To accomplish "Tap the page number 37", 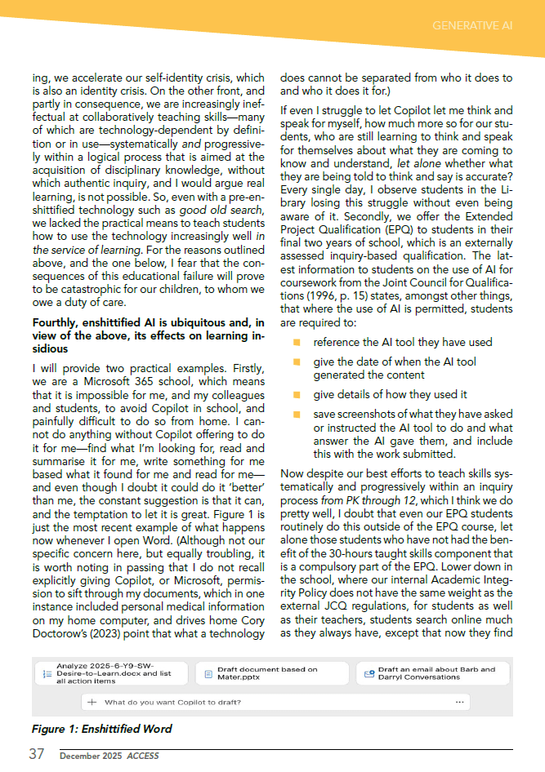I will (x=36, y=755).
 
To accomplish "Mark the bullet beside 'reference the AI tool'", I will (x=297, y=343).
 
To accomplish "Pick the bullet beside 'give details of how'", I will (x=297, y=394).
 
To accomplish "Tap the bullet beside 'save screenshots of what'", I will (x=297, y=415).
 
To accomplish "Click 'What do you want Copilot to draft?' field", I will (x=172, y=702).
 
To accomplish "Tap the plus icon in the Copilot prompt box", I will (x=92, y=702).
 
